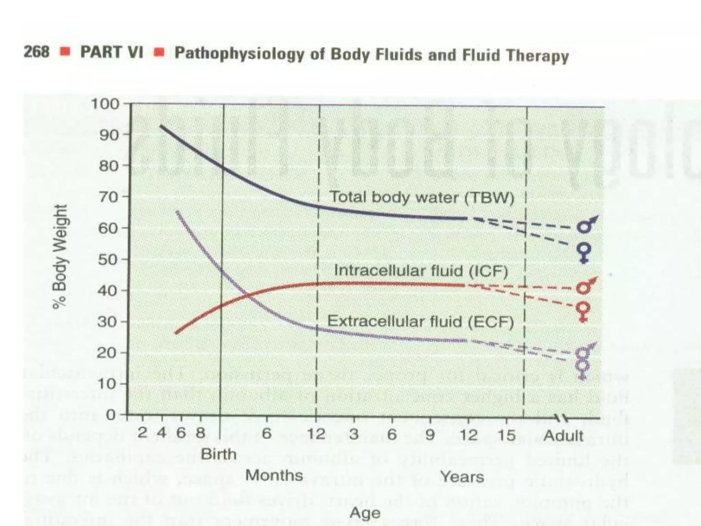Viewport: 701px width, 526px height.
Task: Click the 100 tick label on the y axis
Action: click(x=105, y=103)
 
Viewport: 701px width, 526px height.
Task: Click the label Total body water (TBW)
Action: click(x=421, y=198)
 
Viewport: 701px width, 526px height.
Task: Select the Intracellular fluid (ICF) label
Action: click(x=421, y=271)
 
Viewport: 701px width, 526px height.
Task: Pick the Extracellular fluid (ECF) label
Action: click(x=421, y=322)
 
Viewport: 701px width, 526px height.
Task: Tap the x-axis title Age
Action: click(x=365, y=513)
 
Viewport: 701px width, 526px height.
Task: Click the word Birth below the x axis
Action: click(x=219, y=454)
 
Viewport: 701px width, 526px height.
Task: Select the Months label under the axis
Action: click(x=274, y=475)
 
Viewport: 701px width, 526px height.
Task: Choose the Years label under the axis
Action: click(x=462, y=477)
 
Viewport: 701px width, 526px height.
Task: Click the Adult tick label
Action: click(x=563, y=436)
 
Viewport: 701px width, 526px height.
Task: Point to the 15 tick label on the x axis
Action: click(x=507, y=435)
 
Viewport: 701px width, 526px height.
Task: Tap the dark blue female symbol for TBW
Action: click(x=584, y=252)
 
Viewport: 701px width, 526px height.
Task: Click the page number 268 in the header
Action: click(x=36, y=52)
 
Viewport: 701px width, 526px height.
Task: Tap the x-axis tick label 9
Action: click(x=430, y=435)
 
